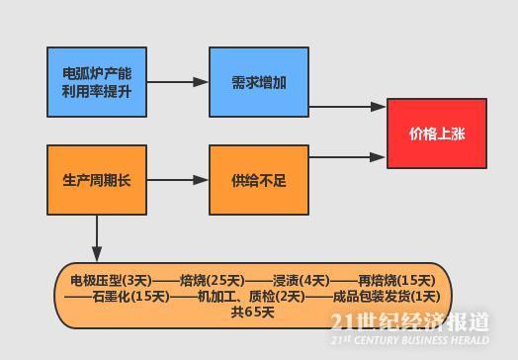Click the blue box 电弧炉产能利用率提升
click(x=96, y=81)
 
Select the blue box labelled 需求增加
click(x=258, y=81)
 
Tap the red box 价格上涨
click(x=436, y=134)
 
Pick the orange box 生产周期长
click(x=96, y=180)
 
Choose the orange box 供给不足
click(x=258, y=180)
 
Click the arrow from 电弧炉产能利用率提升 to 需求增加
click(x=176, y=81)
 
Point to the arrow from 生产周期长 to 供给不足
click(x=176, y=180)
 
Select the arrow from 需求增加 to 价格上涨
click(x=346, y=107)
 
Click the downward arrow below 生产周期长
click(x=96, y=237)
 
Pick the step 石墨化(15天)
click(x=129, y=296)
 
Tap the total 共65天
click(x=252, y=313)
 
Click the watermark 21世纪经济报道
click(x=409, y=322)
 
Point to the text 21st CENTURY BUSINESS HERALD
click(x=409, y=338)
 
